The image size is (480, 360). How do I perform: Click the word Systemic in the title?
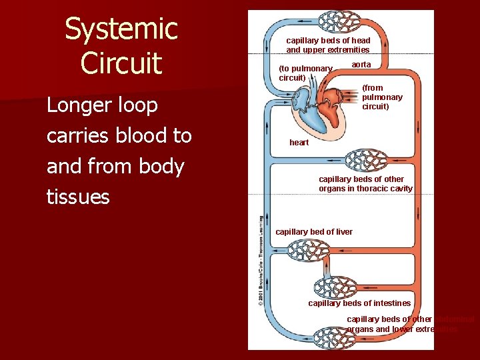(121, 30)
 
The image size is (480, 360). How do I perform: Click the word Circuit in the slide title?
(121, 63)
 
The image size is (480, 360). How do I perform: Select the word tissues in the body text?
(78, 197)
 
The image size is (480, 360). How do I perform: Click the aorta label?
(361, 65)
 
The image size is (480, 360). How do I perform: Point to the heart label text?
(299, 143)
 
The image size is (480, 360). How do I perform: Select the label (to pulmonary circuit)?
(305, 73)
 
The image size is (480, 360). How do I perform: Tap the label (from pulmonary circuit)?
(382, 97)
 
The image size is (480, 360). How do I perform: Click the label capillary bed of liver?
(314, 231)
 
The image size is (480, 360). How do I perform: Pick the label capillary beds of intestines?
(359, 303)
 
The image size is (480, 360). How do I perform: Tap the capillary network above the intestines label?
(337, 287)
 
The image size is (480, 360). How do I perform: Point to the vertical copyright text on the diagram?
(260, 260)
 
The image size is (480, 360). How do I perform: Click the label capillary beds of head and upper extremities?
(328, 45)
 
